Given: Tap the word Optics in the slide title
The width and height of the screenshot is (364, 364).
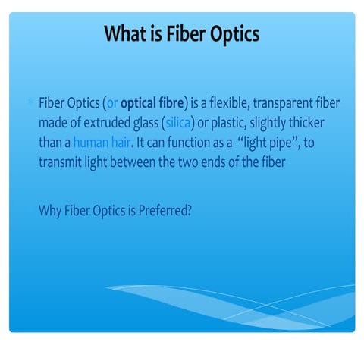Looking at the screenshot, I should click(x=233, y=34).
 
